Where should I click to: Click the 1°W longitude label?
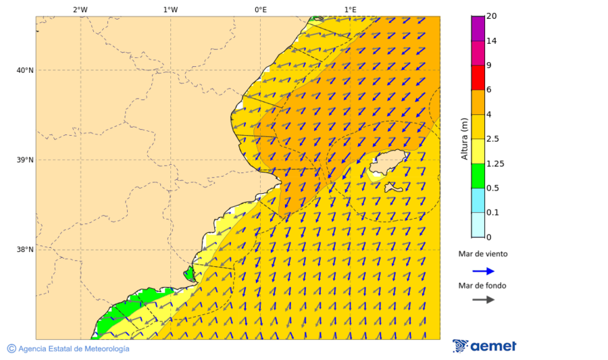pyautogui.click(x=170, y=9)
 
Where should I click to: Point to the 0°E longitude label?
pyautogui.click(x=260, y=9)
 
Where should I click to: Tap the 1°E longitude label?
pyautogui.click(x=350, y=9)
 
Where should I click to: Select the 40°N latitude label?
pyautogui.click(x=25, y=70)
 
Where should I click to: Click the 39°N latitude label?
pyautogui.click(x=25, y=160)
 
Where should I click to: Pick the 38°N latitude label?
pyautogui.click(x=25, y=250)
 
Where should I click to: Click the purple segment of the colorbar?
pyautogui.click(x=478, y=28)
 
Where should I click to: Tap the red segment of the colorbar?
pyautogui.click(x=478, y=78)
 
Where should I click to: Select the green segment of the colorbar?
pyautogui.click(x=478, y=176)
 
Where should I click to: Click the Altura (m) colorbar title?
pyautogui.click(x=464, y=138)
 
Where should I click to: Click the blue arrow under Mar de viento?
pyautogui.click(x=483, y=271)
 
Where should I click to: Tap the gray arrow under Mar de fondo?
pyautogui.click(x=483, y=299)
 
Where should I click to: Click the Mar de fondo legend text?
pyautogui.click(x=482, y=286)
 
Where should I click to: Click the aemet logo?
pyautogui.click(x=484, y=346)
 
